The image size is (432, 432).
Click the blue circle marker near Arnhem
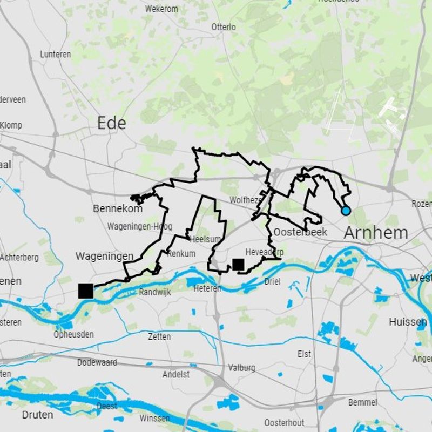coord(346,211)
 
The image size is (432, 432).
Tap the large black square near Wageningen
coord(85,291)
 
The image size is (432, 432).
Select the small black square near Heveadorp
coord(238,264)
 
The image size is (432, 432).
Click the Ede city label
coord(112,123)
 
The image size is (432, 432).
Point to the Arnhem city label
coord(376,233)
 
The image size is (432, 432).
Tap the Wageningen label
coord(104,256)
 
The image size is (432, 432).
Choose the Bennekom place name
coord(118,208)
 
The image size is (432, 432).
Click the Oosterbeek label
coord(300,232)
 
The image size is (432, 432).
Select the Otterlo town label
coord(224,27)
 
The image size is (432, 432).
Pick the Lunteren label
coord(56,54)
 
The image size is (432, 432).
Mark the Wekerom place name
coord(161,9)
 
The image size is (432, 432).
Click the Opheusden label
coord(73,334)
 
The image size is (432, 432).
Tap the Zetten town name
coord(159,336)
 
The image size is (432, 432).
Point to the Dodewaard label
coord(97,362)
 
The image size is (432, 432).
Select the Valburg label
coord(241,368)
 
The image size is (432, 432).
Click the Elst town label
coord(305,354)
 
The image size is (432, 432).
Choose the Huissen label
coord(408,322)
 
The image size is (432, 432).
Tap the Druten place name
coord(38,415)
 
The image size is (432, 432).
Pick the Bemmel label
coord(363,402)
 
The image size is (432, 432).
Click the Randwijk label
coord(154,292)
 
